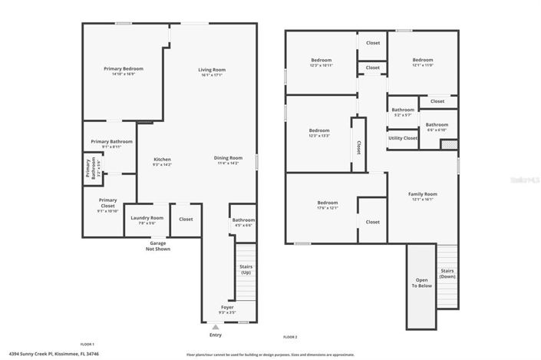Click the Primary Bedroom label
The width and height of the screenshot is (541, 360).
point(124,71)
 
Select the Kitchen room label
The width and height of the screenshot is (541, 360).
point(162,161)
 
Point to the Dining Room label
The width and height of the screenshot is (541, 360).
point(229,160)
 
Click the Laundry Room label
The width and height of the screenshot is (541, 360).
point(147,220)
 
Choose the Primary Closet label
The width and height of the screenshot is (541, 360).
point(107,204)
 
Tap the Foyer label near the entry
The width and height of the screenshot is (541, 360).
point(227,309)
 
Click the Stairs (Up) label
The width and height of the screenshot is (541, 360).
point(246,269)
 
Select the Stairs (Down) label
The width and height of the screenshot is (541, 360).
point(447,273)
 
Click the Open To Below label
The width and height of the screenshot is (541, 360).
point(421,282)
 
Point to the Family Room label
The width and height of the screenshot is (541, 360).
point(422,197)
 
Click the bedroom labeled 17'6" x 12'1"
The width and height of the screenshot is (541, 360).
point(328,205)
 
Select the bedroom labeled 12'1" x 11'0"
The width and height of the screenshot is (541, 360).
point(422,62)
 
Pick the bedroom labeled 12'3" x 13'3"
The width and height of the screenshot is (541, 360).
point(319,133)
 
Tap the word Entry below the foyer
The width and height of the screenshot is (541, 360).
point(215,335)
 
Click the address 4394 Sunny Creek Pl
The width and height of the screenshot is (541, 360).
point(42,355)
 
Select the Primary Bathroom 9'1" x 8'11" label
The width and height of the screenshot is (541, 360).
point(111,144)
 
